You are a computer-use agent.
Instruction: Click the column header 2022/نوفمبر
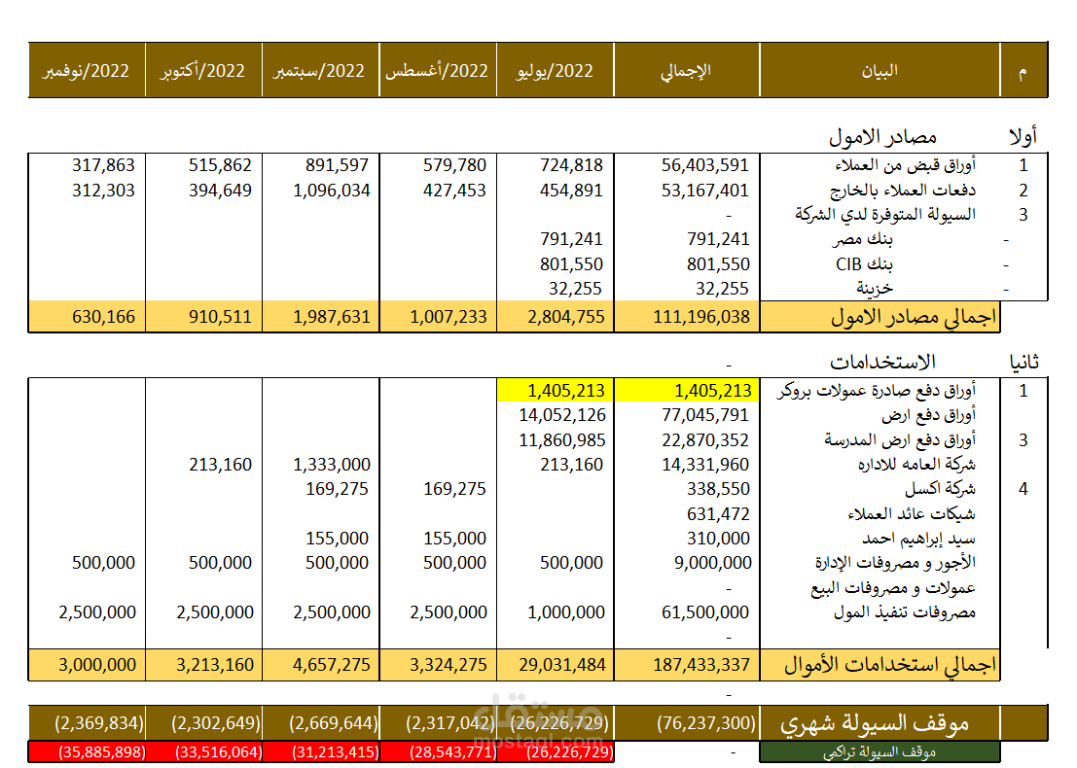click(x=86, y=71)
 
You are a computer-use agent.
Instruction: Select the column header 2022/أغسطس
click(x=437, y=71)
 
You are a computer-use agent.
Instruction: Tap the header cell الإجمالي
click(x=686, y=71)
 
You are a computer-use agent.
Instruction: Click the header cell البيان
click(x=880, y=71)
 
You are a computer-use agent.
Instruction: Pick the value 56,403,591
click(x=704, y=165)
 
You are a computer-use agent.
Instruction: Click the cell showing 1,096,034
click(x=332, y=191)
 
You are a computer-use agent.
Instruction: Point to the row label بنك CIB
click(x=864, y=264)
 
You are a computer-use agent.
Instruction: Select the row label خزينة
click(x=875, y=289)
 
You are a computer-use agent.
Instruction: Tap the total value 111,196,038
click(x=701, y=317)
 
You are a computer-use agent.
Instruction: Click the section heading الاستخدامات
click(x=882, y=362)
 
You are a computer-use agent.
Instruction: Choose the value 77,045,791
click(x=704, y=415)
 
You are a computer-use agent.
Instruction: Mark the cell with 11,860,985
click(x=562, y=440)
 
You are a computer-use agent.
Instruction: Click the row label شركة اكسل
click(x=940, y=489)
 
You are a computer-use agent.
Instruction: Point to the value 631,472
click(x=718, y=513)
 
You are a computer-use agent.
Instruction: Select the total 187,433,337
click(x=701, y=665)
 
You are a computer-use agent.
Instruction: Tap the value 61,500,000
click(x=704, y=612)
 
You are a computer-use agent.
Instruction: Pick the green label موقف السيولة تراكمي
click(x=880, y=752)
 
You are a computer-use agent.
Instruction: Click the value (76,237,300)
click(x=706, y=723)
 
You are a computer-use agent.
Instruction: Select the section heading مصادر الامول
click(x=882, y=137)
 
